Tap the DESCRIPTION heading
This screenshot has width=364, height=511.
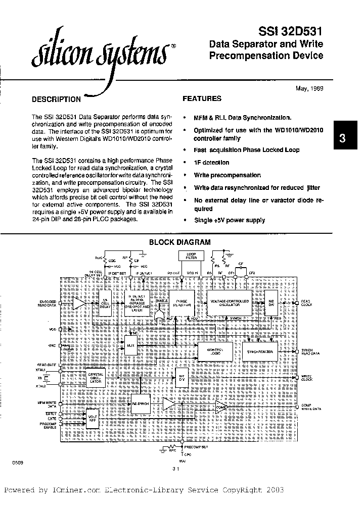coord(56,99)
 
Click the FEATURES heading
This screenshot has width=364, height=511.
coord(202,99)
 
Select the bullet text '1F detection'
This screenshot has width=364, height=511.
coord(211,163)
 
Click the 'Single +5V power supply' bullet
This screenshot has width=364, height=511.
coord(230,220)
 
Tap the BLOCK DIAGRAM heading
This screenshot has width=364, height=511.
coord(179,242)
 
